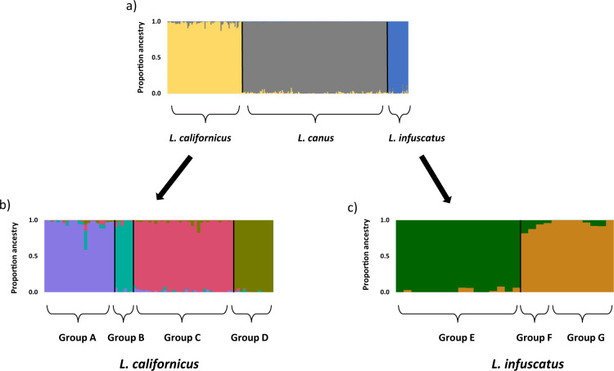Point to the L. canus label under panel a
314,138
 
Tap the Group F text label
535,337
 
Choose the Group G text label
582,337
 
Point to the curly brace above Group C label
182,312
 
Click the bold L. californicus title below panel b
155,360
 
